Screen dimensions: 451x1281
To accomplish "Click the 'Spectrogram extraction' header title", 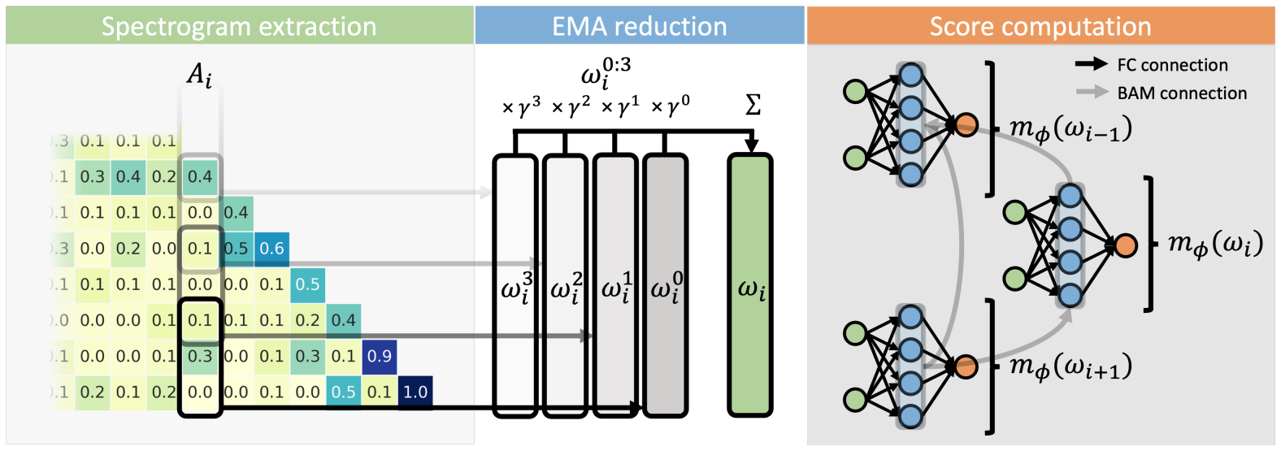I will point(239,27).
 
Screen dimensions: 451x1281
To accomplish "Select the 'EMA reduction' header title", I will point(639,27).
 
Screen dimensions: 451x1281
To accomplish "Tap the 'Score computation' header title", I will point(1040,27).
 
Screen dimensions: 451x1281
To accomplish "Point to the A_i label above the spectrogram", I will point(199,76).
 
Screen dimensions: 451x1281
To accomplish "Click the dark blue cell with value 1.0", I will point(415,392).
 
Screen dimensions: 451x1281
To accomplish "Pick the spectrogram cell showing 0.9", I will point(379,356).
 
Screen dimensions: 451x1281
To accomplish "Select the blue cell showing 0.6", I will point(271,249).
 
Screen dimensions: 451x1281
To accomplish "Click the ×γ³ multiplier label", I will point(521,106).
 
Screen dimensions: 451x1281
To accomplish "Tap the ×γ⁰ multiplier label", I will point(671,106).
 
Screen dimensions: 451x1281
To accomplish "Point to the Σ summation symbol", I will point(753,106).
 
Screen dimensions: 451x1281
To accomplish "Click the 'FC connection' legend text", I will point(1172,65).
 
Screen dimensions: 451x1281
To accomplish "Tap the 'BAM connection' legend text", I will point(1182,93).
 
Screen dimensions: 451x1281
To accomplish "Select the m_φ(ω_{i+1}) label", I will point(1070,366).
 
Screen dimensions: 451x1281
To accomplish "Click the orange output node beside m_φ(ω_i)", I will point(1125,245).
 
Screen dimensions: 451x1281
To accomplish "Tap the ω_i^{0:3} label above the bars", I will point(606,72).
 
